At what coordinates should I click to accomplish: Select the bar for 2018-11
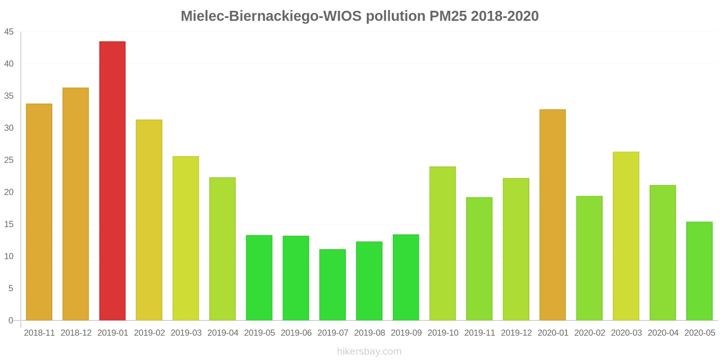[x=39, y=212]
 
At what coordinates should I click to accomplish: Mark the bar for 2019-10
[x=442, y=243]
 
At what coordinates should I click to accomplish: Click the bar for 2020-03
[x=626, y=236]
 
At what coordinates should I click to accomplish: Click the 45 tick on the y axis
[x=9, y=32]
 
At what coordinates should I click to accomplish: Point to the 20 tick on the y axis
[x=9, y=192]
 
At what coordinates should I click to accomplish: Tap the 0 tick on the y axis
[x=11, y=320]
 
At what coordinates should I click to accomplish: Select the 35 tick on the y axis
[x=9, y=96]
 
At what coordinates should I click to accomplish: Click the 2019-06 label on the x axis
[x=296, y=333]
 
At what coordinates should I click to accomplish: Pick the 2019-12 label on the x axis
[x=516, y=333]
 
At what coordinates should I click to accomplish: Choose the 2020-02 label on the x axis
[x=589, y=333]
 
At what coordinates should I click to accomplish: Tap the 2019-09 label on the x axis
[x=406, y=333]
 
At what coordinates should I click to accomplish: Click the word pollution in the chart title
[x=396, y=16]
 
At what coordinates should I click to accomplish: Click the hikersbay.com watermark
[x=369, y=351]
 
